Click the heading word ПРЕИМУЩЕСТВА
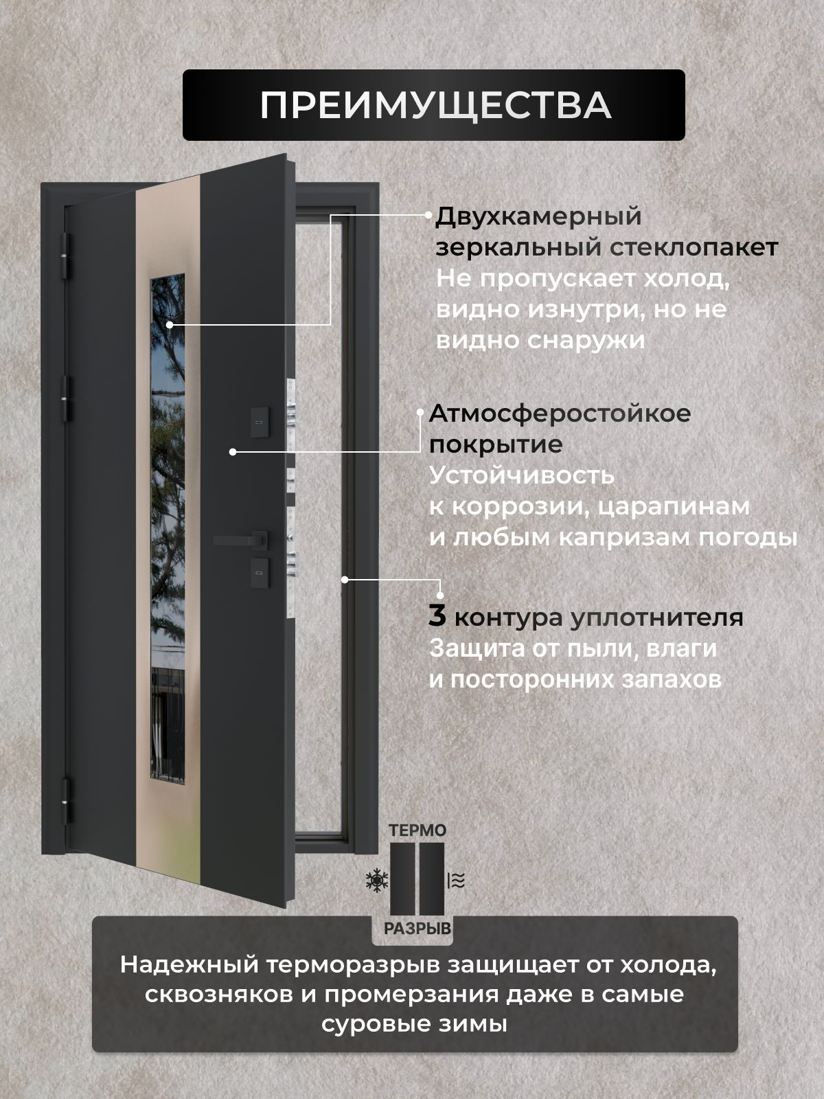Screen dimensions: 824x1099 pyautogui.click(x=435, y=106)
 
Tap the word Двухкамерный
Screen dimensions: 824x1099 pyautogui.click(x=538, y=217)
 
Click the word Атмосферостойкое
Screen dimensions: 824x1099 pyautogui.click(x=560, y=414)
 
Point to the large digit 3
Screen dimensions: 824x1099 pyautogui.click(x=437, y=616)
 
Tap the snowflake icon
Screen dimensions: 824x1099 pyautogui.click(x=377, y=881)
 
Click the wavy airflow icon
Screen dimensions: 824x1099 pyautogui.click(x=456, y=881)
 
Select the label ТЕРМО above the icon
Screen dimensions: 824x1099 pyautogui.click(x=417, y=830)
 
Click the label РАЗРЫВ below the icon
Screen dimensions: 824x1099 pyautogui.click(x=417, y=929)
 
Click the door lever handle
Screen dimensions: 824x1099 pyautogui.click(x=240, y=540)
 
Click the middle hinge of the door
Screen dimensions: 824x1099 pyautogui.click(x=65, y=399)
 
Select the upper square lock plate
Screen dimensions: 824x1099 pyautogui.click(x=260, y=422)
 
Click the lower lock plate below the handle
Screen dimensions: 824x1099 pyautogui.click(x=260, y=572)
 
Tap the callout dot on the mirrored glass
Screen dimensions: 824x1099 pyautogui.click(x=170, y=324)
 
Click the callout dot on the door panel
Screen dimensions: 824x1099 pyautogui.click(x=233, y=451)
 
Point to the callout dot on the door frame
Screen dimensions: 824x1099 pyautogui.click(x=345, y=579)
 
